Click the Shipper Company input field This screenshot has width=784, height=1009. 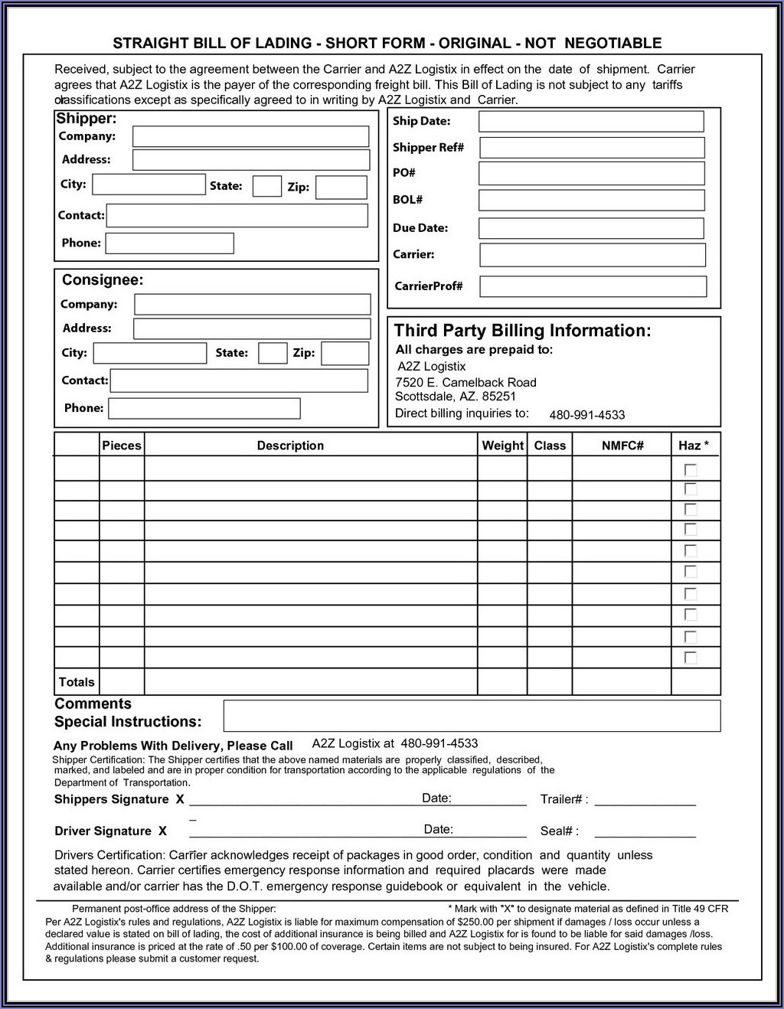250,136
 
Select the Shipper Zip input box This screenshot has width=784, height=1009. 341,188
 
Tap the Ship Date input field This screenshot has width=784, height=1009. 590,121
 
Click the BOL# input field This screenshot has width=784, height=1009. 591,200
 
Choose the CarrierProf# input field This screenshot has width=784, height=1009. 593,286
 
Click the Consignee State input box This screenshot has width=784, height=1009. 273,353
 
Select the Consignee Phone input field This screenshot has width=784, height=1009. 204,408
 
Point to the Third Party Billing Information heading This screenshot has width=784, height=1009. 522,331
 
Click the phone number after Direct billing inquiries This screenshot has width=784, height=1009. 586,415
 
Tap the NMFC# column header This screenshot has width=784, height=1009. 622,446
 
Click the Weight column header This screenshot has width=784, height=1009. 502,446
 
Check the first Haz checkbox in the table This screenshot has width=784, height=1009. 691,469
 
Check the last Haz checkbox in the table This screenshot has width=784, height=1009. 691,657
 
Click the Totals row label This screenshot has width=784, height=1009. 77,682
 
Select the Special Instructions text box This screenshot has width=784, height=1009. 472,716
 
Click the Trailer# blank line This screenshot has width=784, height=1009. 645,800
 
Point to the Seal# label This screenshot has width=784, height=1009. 559,831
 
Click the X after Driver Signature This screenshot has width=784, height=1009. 162,831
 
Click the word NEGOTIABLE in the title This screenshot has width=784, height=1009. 613,43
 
